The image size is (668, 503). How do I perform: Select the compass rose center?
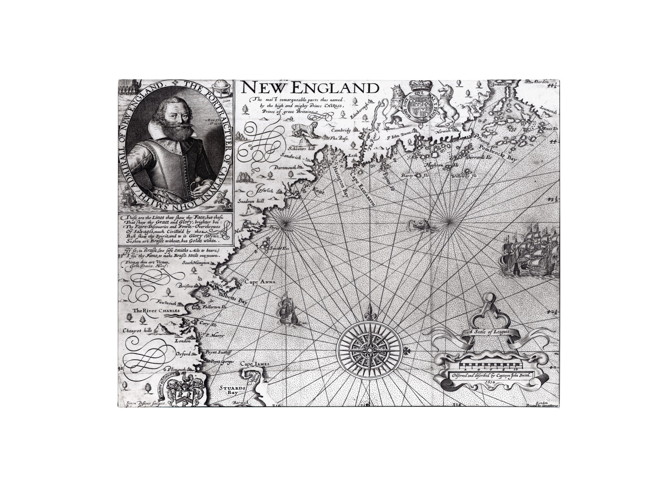point(369,350)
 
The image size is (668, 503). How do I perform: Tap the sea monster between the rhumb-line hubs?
point(419,225)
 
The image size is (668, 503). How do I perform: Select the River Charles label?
point(156,311)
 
